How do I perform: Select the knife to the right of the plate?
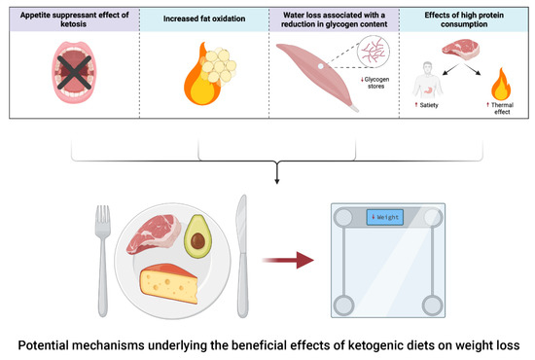[243, 249]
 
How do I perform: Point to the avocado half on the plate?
[198, 234]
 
